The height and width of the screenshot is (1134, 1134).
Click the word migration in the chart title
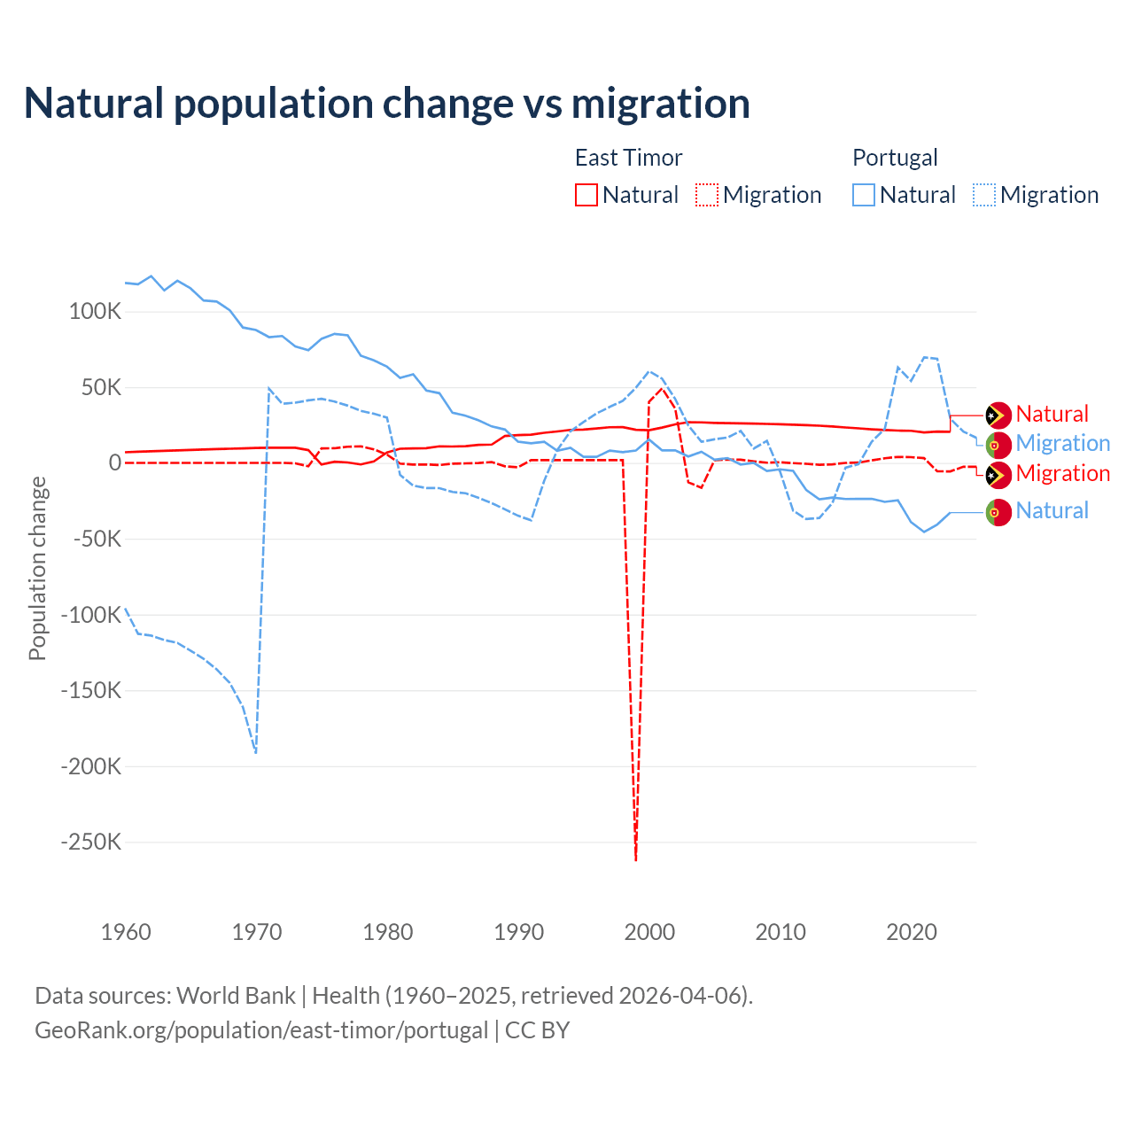[660, 104]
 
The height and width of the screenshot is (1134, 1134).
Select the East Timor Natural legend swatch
[586, 195]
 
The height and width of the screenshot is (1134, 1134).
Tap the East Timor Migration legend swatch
[706, 195]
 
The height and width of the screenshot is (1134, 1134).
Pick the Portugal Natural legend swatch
[863, 195]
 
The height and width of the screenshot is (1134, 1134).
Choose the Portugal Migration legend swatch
[983, 195]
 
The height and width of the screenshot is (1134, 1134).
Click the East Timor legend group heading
[628, 158]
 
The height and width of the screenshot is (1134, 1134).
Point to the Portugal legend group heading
[895, 158]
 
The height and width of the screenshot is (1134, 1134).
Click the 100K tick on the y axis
[95, 312]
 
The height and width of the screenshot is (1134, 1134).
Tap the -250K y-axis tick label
[90, 842]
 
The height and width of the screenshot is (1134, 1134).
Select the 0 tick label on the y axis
[114, 462]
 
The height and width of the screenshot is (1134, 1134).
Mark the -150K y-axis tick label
[90, 690]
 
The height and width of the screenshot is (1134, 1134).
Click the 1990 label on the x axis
[518, 932]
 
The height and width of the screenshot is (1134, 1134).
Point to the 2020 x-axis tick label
[912, 932]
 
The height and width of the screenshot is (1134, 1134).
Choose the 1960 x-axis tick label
[126, 932]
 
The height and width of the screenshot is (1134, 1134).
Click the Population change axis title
[37, 568]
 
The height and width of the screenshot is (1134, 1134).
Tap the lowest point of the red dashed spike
[636, 859]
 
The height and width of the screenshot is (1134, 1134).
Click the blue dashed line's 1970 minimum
[256, 752]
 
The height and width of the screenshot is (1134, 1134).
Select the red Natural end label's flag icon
[998, 415]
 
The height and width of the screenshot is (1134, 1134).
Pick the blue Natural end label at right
[1052, 511]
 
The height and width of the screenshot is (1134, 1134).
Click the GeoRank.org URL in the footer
[261, 1030]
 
